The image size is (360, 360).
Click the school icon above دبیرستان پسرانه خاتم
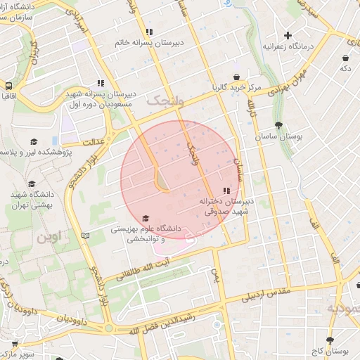coord(148,32)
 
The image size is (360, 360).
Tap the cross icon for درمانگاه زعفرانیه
coord(288,35)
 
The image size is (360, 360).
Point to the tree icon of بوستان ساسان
coord(279,126)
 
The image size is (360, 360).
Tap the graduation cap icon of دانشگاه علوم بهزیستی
coord(146,218)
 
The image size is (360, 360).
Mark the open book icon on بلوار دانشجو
coord(86,236)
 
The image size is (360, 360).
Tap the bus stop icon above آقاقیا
coord(8,82)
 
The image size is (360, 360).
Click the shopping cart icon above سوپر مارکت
coord(13,344)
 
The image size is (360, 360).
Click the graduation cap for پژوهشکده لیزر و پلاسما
coord(33,142)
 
